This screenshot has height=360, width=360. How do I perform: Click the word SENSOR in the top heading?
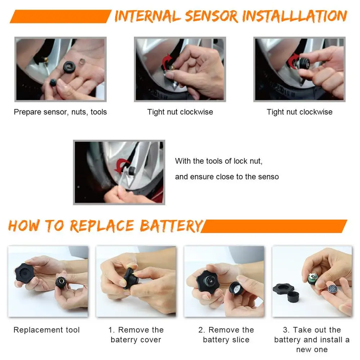[211, 16]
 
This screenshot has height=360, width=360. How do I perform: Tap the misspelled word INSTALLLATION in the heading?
[295, 16]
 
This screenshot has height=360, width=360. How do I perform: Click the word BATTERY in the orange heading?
[171, 226]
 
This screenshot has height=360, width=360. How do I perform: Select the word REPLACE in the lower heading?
[102, 226]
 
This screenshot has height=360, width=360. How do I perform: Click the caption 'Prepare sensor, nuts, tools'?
[60, 112]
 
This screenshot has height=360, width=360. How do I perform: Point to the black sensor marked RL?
[69, 67]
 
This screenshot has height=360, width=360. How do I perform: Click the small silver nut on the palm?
[82, 62]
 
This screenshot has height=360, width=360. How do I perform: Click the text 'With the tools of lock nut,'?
[219, 161]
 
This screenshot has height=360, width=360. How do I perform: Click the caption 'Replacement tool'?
[46, 330]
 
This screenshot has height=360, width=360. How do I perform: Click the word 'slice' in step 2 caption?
[240, 340]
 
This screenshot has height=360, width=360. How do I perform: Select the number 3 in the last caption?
[285, 330]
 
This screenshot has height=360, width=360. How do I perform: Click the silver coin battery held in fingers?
[332, 289]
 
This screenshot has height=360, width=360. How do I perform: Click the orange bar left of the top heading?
[60, 16]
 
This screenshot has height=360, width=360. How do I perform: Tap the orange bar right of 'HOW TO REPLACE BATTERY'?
[274, 226]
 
